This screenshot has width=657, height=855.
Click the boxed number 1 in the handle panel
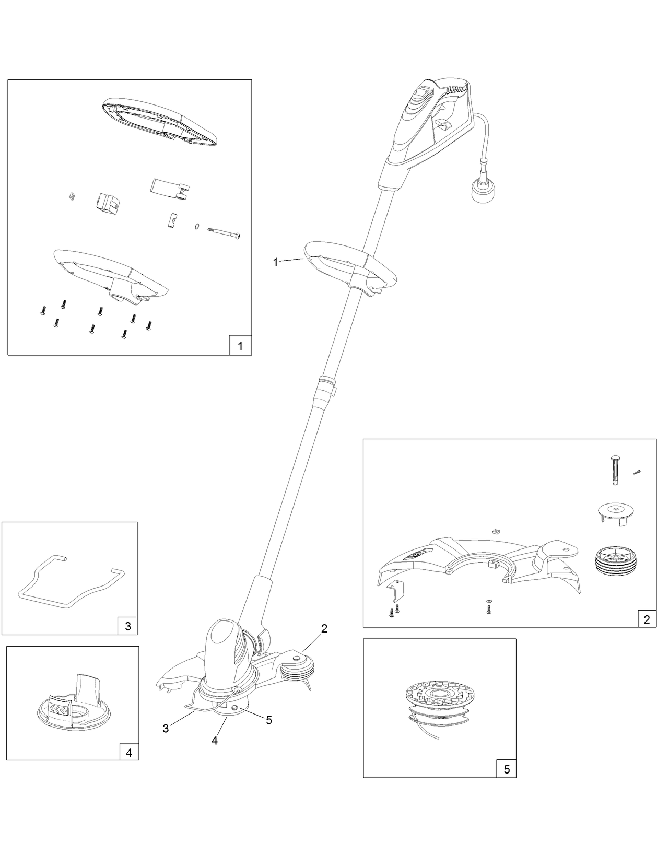point(240,346)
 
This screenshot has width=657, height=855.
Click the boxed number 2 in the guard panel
point(647,619)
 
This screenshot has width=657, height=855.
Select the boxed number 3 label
point(128,626)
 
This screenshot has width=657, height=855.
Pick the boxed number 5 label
point(506,769)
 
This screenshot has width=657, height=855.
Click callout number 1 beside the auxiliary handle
point(276,262)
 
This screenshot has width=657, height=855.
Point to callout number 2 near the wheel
point(324,628)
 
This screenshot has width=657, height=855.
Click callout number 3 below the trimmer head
point(166,729)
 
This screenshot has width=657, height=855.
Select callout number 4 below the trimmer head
point(215,740)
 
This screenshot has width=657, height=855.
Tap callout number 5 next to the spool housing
point(269,720)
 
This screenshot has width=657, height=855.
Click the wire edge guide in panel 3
point(71,586)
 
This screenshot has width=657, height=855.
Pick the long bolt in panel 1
point(224,232)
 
